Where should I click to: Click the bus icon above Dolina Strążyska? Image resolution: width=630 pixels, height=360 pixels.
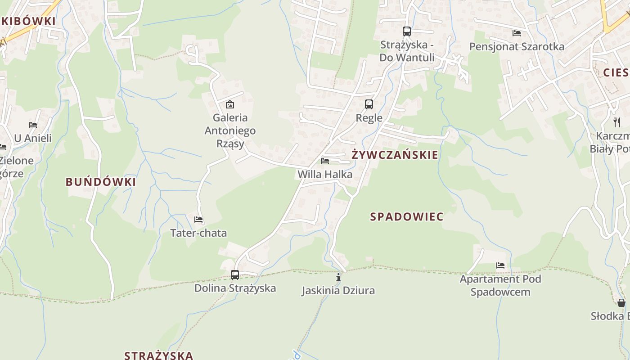(235, 274)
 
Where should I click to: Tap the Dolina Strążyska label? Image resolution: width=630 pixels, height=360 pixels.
(235, 288)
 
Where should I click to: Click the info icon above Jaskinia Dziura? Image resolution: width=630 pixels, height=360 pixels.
(338, 277)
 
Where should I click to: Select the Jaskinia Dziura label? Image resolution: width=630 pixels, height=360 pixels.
(338, 291)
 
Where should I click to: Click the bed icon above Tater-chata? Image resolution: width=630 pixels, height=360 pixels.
(198, 220)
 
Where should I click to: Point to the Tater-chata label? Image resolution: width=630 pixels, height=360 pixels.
(198, 233)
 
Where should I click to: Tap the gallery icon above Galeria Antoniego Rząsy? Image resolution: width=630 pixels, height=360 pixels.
(230, 104)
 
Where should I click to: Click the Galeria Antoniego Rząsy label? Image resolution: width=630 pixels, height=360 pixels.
(230, 130)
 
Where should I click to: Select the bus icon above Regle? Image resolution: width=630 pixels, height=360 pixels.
(369, 104)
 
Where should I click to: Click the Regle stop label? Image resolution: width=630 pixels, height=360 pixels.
(369, 118)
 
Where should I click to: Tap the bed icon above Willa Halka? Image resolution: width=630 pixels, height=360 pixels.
(325, 161)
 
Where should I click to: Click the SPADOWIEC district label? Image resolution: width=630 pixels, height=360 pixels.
(407, 217)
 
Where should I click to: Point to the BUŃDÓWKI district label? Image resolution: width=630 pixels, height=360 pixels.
(101, 182)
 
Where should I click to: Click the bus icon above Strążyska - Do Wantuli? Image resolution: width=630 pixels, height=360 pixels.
(407, 31)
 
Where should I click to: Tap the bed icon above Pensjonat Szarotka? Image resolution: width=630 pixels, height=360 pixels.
(517, 33)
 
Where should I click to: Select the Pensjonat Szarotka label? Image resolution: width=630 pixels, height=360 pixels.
(517, 47)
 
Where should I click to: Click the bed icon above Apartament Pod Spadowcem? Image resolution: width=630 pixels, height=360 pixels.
(500, 265)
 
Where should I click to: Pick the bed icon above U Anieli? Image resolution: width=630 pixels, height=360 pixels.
(33, 125)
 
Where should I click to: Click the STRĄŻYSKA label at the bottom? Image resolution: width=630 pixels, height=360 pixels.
(158, 355)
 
